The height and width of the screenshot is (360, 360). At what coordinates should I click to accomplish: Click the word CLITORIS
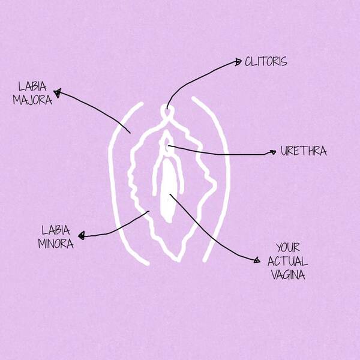tap(266, 61)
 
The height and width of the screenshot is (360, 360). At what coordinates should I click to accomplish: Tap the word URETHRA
tap(304, 151)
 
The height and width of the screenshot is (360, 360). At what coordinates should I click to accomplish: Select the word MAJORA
tap(33, 100)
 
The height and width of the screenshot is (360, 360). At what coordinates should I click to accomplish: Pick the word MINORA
tap(56, 244)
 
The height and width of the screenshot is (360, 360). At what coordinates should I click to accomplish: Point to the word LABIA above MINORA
tap(56, 230)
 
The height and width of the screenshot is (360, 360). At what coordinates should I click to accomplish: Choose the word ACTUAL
tap(289, 261)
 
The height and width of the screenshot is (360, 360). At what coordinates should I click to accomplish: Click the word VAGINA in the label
tap(289, 275)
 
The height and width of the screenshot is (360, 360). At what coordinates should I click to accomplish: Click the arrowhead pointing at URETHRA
tap(272, 152)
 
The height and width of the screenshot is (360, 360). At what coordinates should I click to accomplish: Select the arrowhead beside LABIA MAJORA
tap(58, 92)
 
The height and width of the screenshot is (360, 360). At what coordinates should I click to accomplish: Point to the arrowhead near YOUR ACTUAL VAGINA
tap(256, 260)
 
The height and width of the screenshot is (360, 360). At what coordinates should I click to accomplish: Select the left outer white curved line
tap(114, 180)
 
